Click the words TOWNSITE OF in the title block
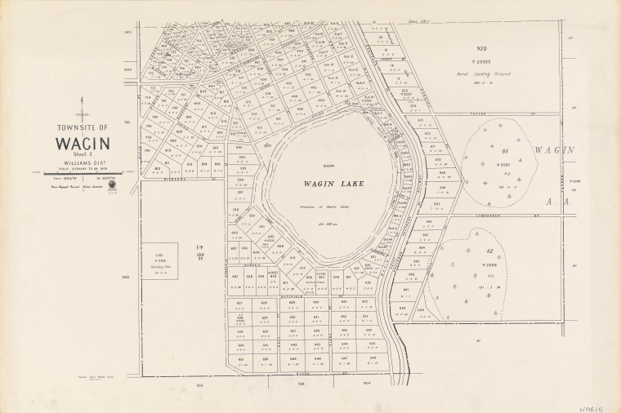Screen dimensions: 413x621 tap(80, 129)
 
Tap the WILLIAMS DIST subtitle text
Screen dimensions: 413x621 tap(79, 163)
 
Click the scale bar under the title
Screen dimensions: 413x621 tap(79, 173)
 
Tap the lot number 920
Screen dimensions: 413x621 tap(493, 48)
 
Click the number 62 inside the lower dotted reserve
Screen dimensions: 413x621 tap(491, 251)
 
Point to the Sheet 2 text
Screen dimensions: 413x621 tap(79, 155)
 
